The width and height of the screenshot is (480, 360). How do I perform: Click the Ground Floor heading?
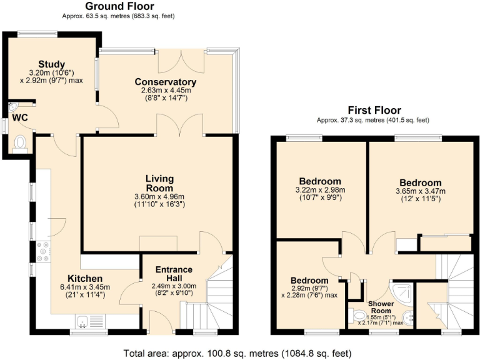pos(120,6)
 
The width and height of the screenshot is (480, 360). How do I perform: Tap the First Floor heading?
pos(375,110)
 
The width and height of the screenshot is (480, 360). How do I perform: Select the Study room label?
pos(51,64)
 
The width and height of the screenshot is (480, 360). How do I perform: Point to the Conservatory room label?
pos(166,82)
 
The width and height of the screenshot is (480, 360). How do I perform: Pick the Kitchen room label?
pos(85,278)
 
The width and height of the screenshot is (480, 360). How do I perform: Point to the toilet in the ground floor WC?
pos(21,142)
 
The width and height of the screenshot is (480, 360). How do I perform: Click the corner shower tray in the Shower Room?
pos(402,289)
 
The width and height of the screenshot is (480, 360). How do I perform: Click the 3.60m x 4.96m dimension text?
pos(159,197)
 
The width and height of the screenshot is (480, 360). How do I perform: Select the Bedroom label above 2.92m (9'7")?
pos(309,280)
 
